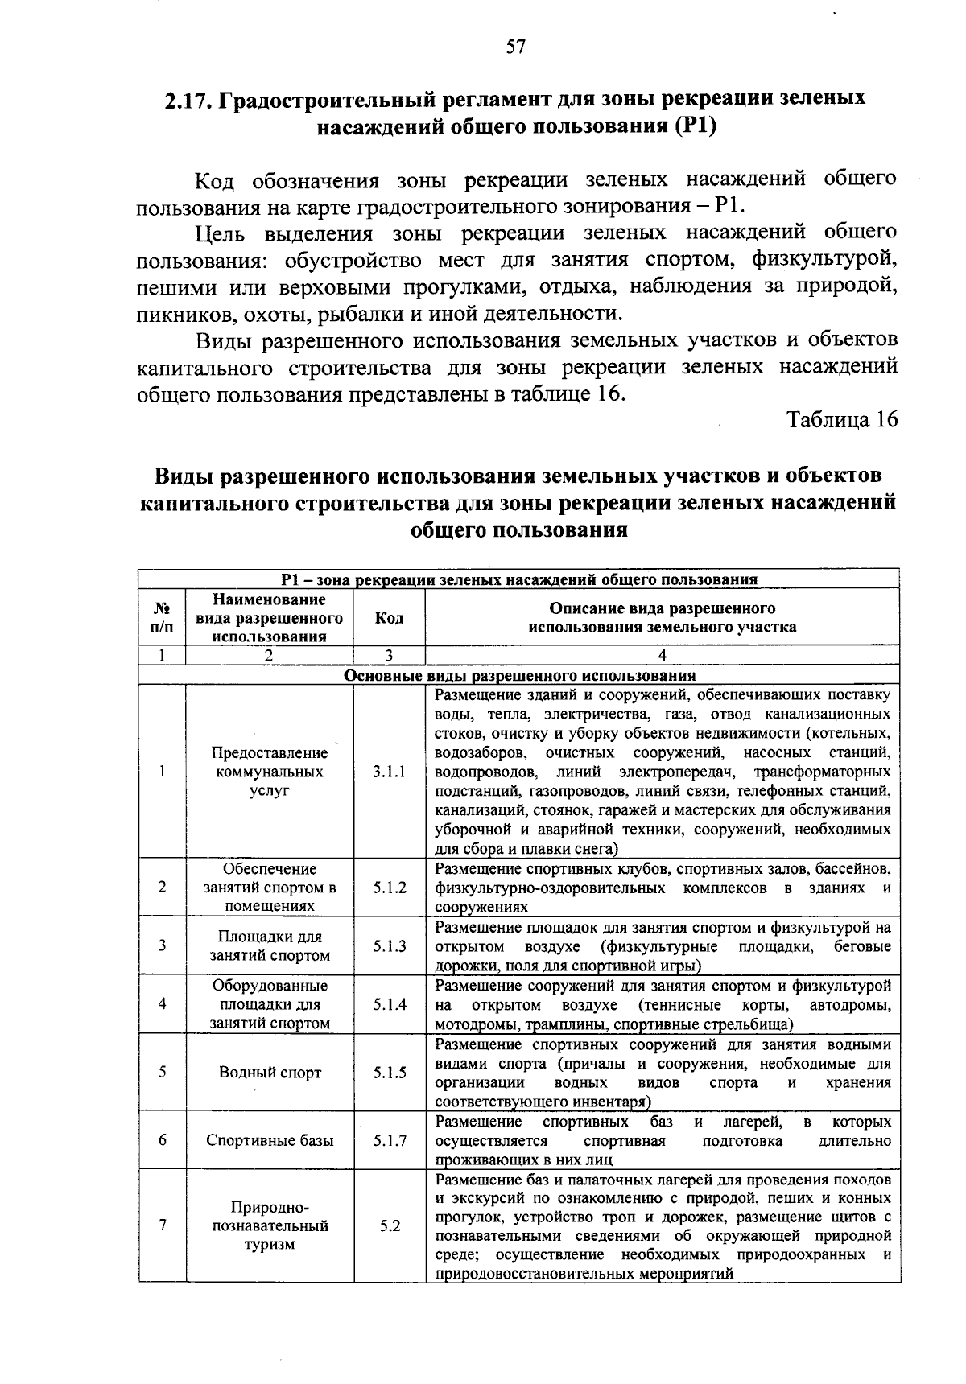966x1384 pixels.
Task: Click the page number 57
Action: pos(516,47)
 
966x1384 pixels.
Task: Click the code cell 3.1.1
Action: pos(389,771)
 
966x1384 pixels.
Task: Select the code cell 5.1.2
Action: pos(390,888)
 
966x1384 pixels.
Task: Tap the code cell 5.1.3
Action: pos(390,946)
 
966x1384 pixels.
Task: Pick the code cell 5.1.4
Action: pos(390,1004)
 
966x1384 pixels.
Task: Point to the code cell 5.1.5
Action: pos(390,1073)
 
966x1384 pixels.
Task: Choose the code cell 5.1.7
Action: pos(390,1140)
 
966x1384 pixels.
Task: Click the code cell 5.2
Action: pos(390,1226)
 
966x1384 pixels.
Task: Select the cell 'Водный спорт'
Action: pos(270,1073)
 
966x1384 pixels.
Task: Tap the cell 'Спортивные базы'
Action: pos(270,1140)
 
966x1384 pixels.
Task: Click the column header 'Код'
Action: pos(390,617)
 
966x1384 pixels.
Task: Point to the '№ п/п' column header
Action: pos(162,617)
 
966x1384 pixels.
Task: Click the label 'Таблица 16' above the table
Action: pos(842,420)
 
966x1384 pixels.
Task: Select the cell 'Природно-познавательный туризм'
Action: pos(270,1226)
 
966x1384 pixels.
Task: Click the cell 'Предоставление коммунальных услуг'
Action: pos(270,771)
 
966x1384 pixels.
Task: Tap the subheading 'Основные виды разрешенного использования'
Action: pos(519,675)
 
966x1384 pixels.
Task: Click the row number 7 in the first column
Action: pos(162,1226)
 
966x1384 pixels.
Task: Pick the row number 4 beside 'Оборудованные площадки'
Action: pos(162,1004)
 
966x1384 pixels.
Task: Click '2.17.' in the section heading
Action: pos(188,100)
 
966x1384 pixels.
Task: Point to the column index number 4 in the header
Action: pos(662,655)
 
